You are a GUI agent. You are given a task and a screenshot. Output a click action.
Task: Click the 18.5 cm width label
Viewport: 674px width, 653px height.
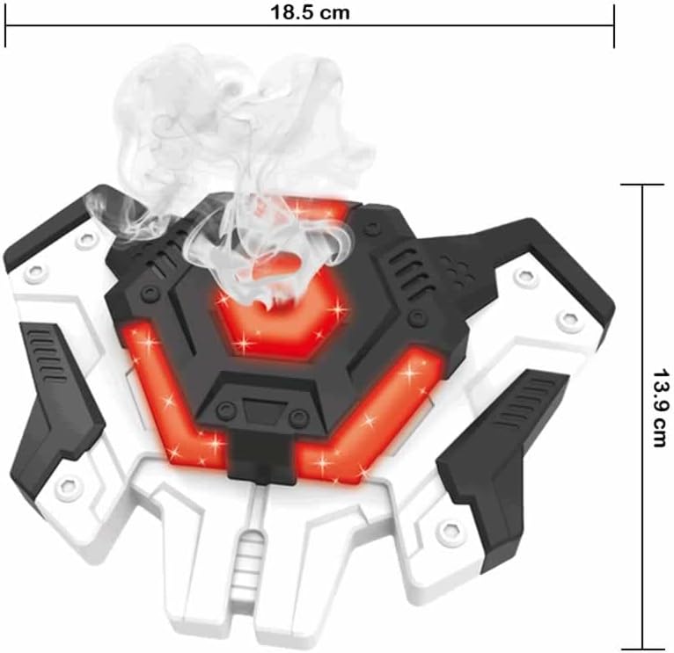(310, 13)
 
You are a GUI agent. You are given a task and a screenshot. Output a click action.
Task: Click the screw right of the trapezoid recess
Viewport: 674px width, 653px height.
(298, 417)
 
